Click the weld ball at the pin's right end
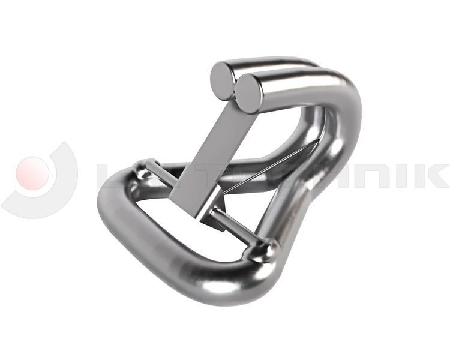click(x=268, y=249)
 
